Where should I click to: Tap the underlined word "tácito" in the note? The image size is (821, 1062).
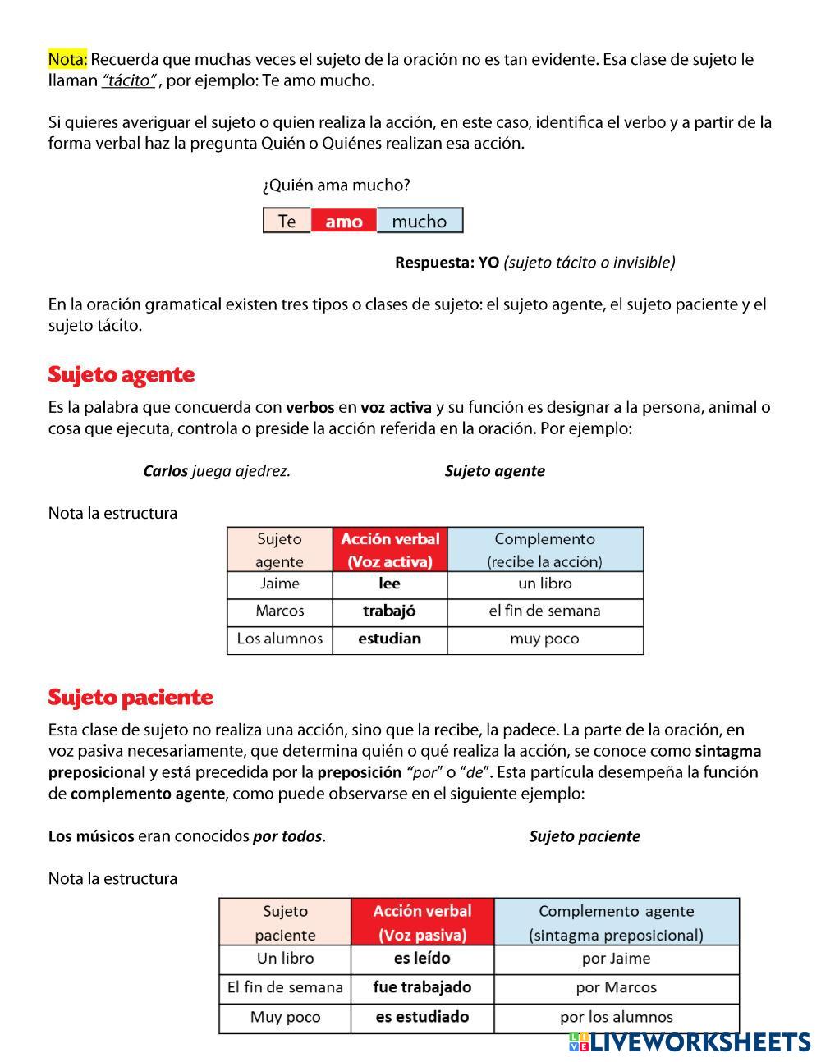click(x=129, y=80)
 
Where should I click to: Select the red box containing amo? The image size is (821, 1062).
click(x=343, y=221)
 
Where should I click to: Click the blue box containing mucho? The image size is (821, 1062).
click(x=420, y=221)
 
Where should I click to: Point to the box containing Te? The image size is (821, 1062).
click(x=287, y=221)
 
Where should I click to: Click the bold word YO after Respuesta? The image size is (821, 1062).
click(x=488, y=263)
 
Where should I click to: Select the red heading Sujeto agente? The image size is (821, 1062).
click(x=121, y=375)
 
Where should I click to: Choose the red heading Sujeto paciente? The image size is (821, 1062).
click(x=130, y=698)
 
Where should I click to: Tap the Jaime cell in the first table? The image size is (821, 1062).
click(x=279, y=584)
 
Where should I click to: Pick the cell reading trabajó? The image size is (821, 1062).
click(x=389, y=611)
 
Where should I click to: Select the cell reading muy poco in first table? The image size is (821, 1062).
click(x=544, y=639)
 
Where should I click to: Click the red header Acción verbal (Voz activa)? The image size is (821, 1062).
click(x=390, y=550)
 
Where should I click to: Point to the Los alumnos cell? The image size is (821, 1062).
click(x=279, y=639)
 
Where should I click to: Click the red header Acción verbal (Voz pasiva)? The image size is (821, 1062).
click(x=422, y=922)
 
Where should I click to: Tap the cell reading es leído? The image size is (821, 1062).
click(x=422, y=959)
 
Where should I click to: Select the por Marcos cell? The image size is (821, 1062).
click(x=616, y=988)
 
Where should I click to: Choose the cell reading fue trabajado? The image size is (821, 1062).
click(x=422, y=987)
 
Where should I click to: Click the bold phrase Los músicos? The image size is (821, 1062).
click(x=90, y=837)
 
